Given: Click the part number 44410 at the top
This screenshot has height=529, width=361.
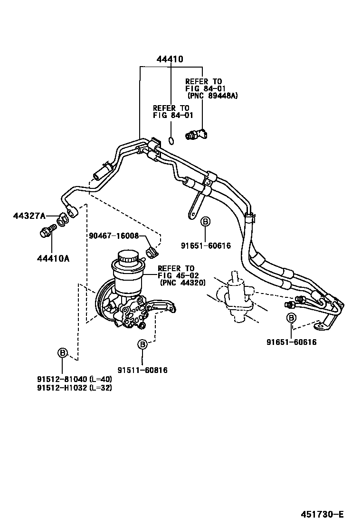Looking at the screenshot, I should tap(170, 59).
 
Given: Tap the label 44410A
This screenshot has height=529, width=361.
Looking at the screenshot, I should tap(53, 259).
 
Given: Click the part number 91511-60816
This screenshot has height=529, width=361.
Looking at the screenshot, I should tap(143, 370).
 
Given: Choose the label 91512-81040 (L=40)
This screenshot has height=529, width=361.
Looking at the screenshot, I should tap(75, 379).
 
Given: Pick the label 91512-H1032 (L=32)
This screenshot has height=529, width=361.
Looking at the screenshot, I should tap(75, 388).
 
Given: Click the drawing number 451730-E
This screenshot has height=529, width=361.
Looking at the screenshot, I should tap(321, 515).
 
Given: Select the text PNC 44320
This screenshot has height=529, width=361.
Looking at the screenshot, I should tap(182, 282).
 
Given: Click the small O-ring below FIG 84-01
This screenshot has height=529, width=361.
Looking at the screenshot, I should tap(171, 140).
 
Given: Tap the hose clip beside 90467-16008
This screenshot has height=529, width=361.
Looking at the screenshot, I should tap(151, 251).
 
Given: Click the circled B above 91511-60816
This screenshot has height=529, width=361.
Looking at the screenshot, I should tap(142, 343).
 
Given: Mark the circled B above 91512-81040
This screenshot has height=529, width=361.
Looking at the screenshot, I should tap(62, 353).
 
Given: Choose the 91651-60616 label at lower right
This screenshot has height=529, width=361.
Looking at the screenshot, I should tap(291, 342).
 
